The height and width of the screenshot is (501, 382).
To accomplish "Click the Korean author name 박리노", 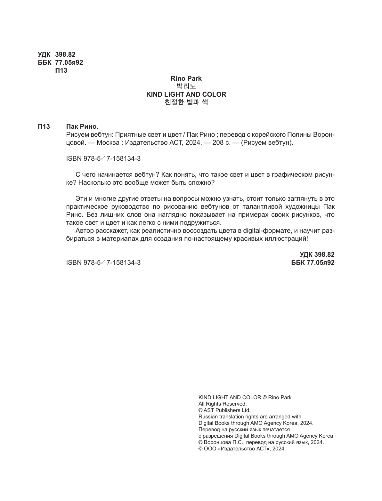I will pos(186,86).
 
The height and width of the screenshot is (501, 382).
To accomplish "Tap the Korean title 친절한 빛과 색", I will pos(186,102).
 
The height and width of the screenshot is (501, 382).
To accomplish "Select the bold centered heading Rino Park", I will pos(186,78).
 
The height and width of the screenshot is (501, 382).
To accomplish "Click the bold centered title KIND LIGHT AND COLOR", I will pos(186,94).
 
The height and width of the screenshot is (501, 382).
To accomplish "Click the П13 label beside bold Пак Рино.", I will pos(44,126).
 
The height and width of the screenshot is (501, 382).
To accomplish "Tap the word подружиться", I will pos(201,223).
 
